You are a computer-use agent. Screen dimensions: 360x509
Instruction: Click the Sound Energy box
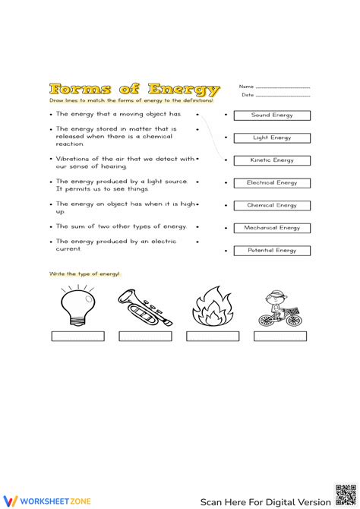click(272, 115)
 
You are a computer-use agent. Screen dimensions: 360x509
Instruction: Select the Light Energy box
click(272, 138)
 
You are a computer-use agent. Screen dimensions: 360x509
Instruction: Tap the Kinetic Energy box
click(272, 160)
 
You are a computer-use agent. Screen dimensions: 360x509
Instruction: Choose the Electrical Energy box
click(272, 183)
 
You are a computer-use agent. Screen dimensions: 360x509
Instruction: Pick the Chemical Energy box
click(272, 205)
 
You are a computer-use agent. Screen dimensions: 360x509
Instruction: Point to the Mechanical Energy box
click(272, 228)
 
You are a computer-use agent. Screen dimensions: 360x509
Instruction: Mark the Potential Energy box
click(272, 250)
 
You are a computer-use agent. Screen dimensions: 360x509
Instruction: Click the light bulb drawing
click(77, 305)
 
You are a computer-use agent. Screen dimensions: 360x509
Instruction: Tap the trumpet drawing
click(145, 307)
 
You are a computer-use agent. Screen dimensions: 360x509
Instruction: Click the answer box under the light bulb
click(77, 336)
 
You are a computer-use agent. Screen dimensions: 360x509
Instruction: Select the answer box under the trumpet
click(145, 336)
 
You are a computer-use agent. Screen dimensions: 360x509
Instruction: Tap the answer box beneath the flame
click(213, 336)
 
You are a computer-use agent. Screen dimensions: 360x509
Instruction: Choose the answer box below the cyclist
click(280, 336)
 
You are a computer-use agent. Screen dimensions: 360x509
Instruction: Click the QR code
click(346, 494)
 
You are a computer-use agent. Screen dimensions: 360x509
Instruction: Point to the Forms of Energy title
click(134, 89)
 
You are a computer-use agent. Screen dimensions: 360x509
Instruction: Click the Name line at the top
click(283, 87)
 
